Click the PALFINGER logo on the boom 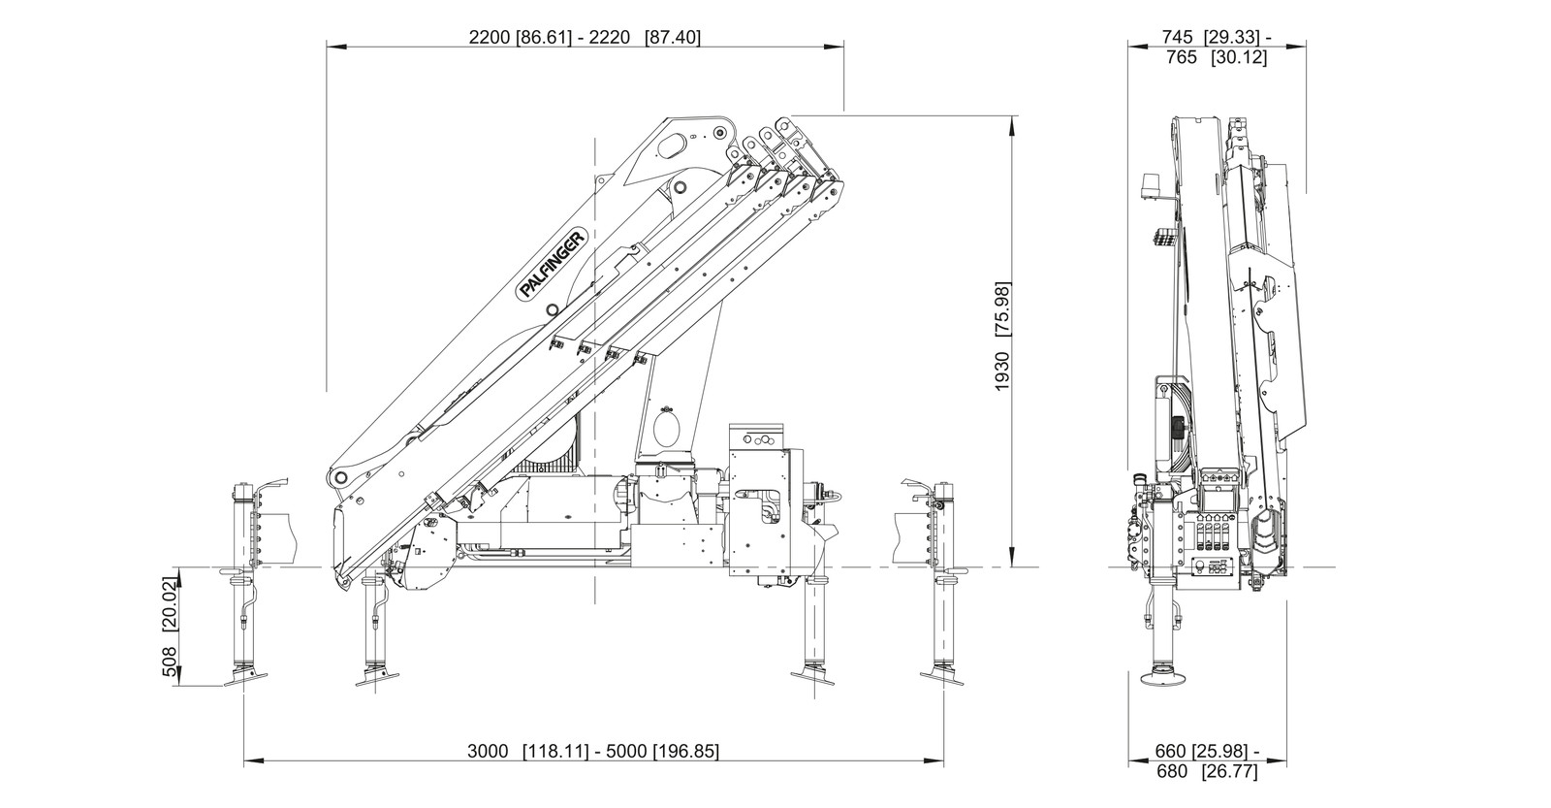point(553,264)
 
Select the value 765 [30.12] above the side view point(1216,58)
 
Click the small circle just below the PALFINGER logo point(552,310)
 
